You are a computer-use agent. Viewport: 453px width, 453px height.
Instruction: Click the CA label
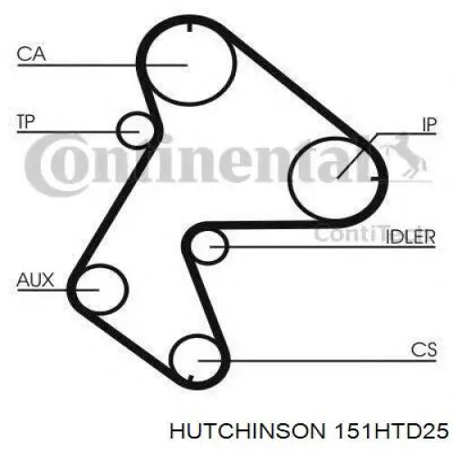point(31,54)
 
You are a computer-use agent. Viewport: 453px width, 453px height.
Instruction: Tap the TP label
point(26,121)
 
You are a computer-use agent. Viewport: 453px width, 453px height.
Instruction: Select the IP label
point(429,124)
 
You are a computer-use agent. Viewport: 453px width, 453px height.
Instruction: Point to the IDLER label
point(410,236)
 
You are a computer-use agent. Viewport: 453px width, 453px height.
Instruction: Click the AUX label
point(35,280)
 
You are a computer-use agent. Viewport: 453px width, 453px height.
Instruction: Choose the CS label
point(424,350)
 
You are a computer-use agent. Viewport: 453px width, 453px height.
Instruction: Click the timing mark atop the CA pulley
point(189,27)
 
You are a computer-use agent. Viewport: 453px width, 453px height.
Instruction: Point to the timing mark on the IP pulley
point(375,179)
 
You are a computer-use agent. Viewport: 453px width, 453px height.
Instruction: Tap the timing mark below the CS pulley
point(190,378)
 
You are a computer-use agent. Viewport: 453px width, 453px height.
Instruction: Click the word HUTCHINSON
point(248,431)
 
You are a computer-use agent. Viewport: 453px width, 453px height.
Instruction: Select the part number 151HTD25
point(390,431)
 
